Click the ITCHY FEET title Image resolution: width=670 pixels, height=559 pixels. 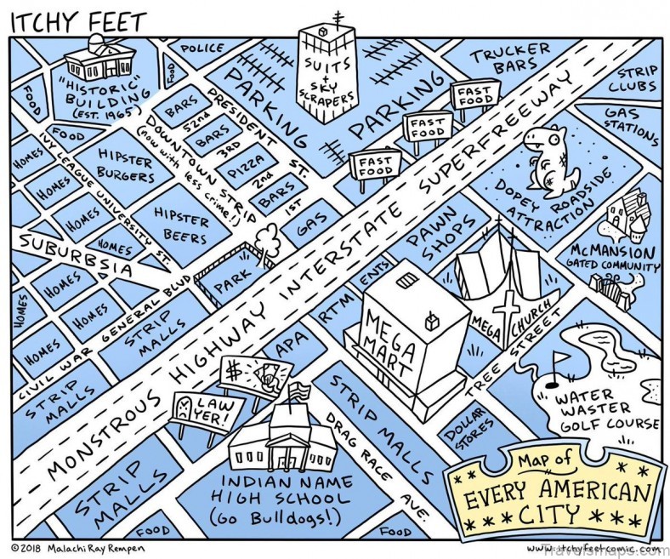(x=77, y=19)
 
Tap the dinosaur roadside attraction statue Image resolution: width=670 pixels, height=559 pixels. (x=543, y=158)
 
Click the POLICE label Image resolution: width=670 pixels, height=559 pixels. (x=202, y=49)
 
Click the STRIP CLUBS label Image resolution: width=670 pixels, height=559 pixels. (x=637, y=79)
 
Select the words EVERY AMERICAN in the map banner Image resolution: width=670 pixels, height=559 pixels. (x=556, y=491)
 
